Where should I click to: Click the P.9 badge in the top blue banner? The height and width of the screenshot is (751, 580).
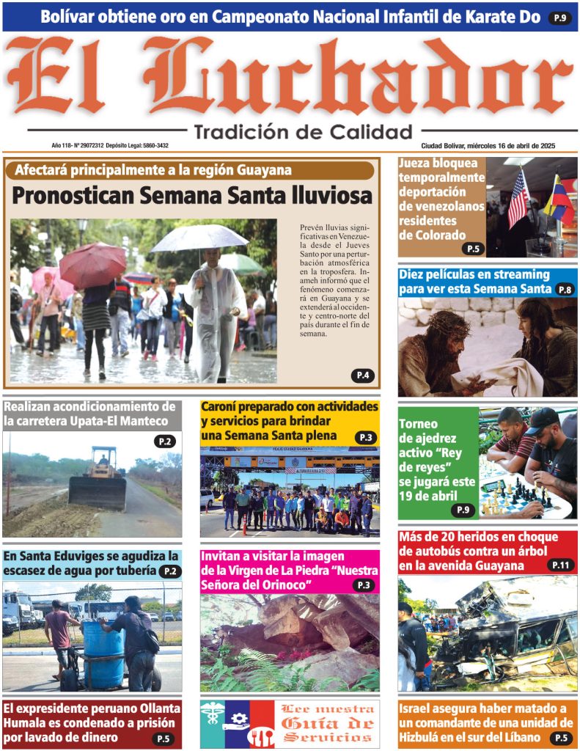pos(559,18)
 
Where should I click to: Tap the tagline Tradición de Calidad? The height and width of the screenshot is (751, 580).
pos(304,132)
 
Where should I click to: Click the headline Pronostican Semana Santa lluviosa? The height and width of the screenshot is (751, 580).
pos(192,196)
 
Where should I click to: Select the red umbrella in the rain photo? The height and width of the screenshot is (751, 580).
pos(92,264)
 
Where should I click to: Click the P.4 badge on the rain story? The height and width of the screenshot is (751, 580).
pos(362,375)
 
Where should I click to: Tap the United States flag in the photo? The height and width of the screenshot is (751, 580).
pos(518,198)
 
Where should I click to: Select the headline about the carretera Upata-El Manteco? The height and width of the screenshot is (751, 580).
pos(89,414)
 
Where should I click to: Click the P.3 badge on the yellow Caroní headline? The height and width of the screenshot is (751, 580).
pos(365,438)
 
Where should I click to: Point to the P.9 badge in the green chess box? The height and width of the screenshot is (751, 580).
pos(463,510)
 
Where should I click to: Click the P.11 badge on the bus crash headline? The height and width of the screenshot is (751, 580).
pos(560,565)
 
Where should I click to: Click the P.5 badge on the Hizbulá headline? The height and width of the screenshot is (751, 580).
pos(560,738)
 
